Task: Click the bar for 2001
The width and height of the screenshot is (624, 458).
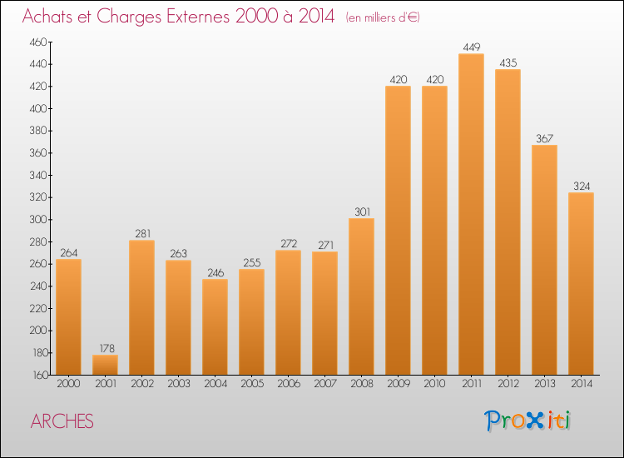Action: tap(105, 365)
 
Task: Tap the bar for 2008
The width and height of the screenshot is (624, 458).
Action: tap(361, 296)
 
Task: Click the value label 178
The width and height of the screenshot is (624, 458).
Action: tap(105, 348)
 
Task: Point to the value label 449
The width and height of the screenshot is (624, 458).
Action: tap(471, 47)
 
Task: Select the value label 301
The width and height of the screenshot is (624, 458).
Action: tap(361, 212)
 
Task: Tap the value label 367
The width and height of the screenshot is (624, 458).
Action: tap(544, 138)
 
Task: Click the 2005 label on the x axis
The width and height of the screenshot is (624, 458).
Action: tap(251, 384)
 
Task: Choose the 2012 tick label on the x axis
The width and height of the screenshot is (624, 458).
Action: tap(508, 384)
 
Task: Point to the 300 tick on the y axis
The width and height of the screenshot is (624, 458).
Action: tap(39, 220)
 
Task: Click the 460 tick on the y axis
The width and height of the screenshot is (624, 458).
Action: tap(39, 42)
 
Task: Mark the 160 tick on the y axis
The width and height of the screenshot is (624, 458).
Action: tap(39, 375)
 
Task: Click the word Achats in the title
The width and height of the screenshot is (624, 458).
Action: tap(49, 17)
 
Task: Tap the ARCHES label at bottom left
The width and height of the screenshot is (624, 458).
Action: tap(62, 421)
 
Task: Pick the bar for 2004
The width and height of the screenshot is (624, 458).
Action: tap(215, 326)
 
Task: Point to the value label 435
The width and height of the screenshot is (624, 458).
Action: tap(508, 62)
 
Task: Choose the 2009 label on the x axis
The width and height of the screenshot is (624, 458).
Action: tap(398, 384)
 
